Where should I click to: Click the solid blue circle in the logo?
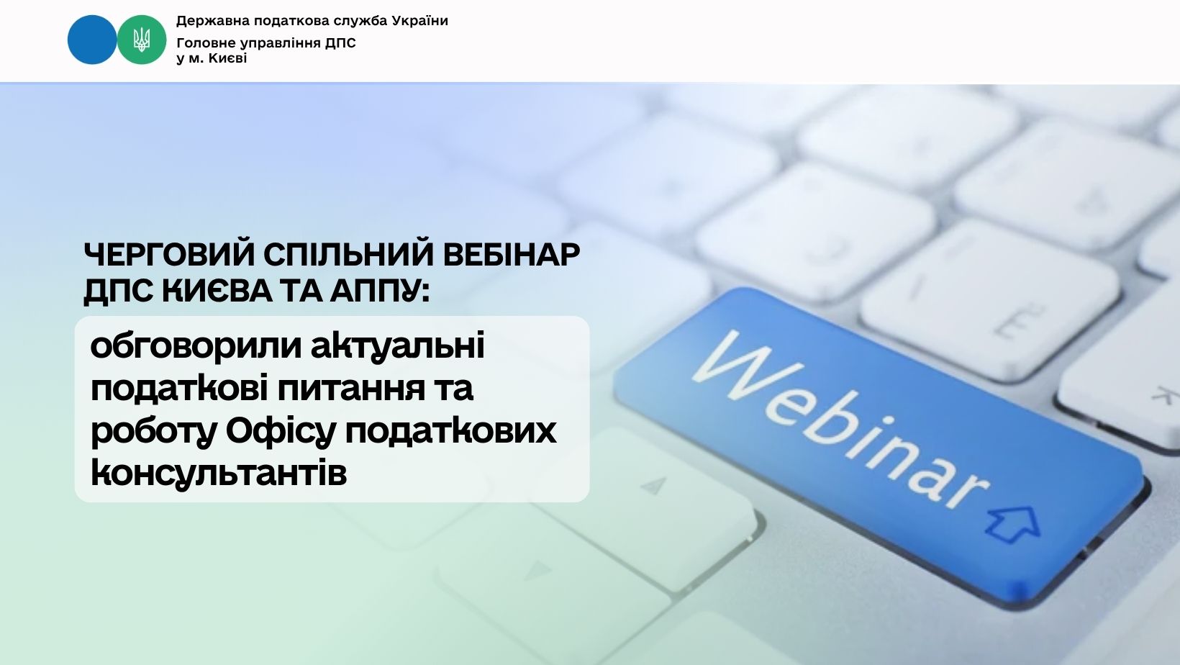click(92, 40)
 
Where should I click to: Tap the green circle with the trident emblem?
click(142, 40)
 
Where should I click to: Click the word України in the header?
click(420, 21)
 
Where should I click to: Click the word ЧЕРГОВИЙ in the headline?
click(170, 255)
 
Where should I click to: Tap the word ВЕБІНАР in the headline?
click(511, 255)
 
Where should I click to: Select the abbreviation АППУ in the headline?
click(376, 290)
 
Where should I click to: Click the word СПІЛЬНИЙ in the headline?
click(349, 255)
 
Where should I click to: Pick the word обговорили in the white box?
click(196, 347)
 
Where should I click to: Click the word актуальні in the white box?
click(397, 345)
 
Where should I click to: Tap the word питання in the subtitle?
click(351, 389)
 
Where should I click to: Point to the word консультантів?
click(219, 473)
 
